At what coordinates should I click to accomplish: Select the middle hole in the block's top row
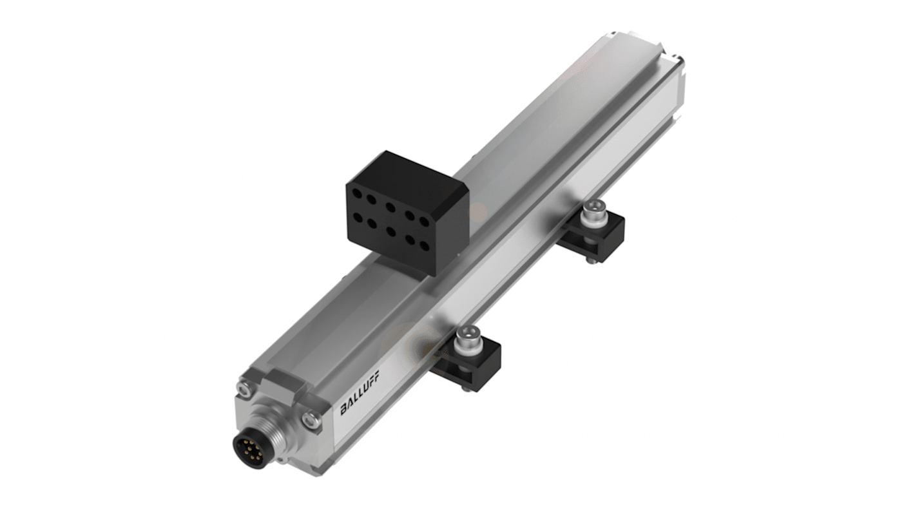(390, 207)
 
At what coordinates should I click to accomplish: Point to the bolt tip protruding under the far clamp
(589, 260)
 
